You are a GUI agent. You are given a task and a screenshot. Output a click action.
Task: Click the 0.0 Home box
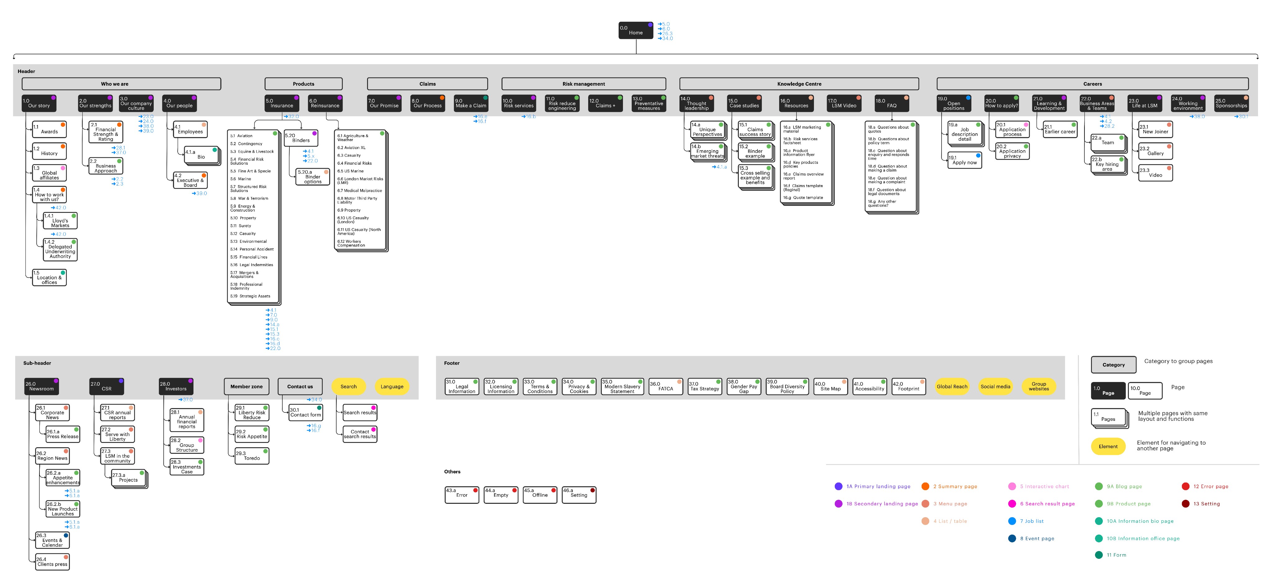(635, 30)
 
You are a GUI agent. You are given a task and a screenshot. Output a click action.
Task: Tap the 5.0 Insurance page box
(281, 103)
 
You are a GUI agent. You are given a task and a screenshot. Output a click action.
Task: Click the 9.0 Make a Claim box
(470, 103)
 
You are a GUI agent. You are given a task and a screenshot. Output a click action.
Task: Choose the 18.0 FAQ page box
(891, 103)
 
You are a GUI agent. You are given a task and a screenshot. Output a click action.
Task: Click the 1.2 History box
(49, 151)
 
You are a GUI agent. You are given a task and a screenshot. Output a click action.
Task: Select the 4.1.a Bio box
(202, 155)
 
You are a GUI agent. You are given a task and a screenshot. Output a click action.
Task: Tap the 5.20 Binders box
(301, 138)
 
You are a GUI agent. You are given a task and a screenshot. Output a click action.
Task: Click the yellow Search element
(348, 386)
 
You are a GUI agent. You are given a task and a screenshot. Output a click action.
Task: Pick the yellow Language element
(392, 386)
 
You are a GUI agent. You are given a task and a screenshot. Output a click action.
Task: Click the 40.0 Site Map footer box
(830, 386)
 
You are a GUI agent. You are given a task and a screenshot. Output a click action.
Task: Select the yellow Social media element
(995, 386)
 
